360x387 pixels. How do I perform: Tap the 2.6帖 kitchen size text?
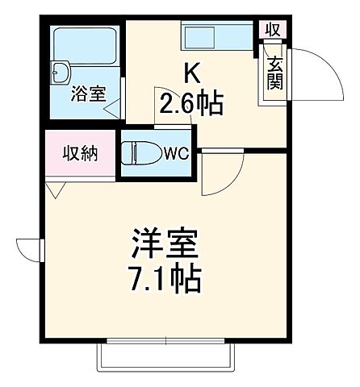(191, 104)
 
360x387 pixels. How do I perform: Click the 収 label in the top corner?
(272, 29)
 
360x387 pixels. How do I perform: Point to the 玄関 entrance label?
(274, 73)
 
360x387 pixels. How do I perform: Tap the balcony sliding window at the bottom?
(167, 352)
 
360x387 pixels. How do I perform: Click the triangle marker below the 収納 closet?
(56, 189)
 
